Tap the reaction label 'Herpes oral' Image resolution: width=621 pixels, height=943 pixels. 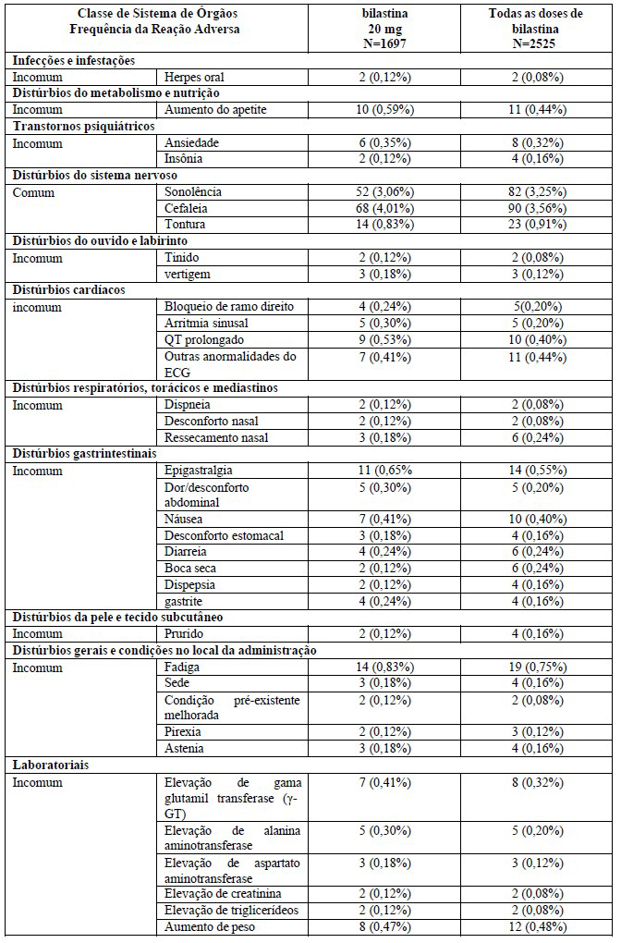(x=194, y=78)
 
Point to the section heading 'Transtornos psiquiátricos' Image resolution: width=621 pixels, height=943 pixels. (x=82, y=127)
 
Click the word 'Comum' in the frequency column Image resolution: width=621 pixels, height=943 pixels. (x=33, y=191)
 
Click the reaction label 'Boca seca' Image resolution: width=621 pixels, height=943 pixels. (x=191, y=568)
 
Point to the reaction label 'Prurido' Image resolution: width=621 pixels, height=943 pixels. (x=186, y=633)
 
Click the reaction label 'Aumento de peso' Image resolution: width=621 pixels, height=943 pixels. (x=207, y=927)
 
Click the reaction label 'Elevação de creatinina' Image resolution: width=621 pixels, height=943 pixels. (x=223, y=894)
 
